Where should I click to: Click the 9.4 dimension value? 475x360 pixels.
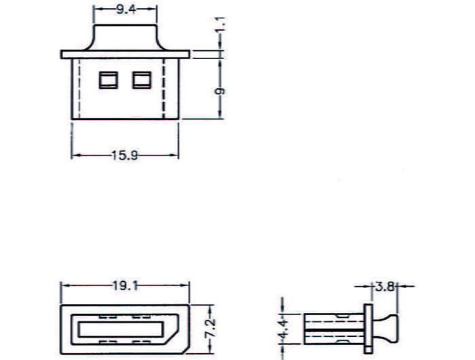click(x=126, y=10)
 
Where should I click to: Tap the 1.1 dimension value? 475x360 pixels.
click(x=221, y=24)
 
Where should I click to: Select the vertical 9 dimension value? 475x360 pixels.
click(x=221, y=91)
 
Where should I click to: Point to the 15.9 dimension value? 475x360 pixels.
click(x=125, y=156)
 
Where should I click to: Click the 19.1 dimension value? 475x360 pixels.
click(x=125, y=285)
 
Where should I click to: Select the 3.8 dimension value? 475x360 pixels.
click(x=385, y=286)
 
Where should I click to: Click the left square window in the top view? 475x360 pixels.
click(x=109, y=80)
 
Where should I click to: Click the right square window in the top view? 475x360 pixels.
click(x=142, y=80)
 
